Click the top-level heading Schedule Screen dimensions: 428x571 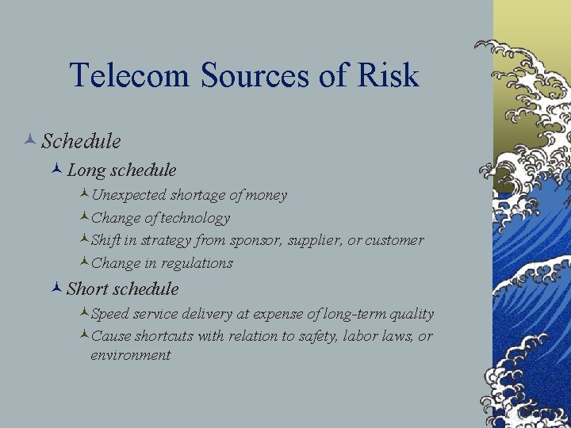coord(81,142)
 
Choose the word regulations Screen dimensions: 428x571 coord(197,262)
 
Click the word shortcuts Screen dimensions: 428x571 coord(164,336)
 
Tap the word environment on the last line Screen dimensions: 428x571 coord(130,355)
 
